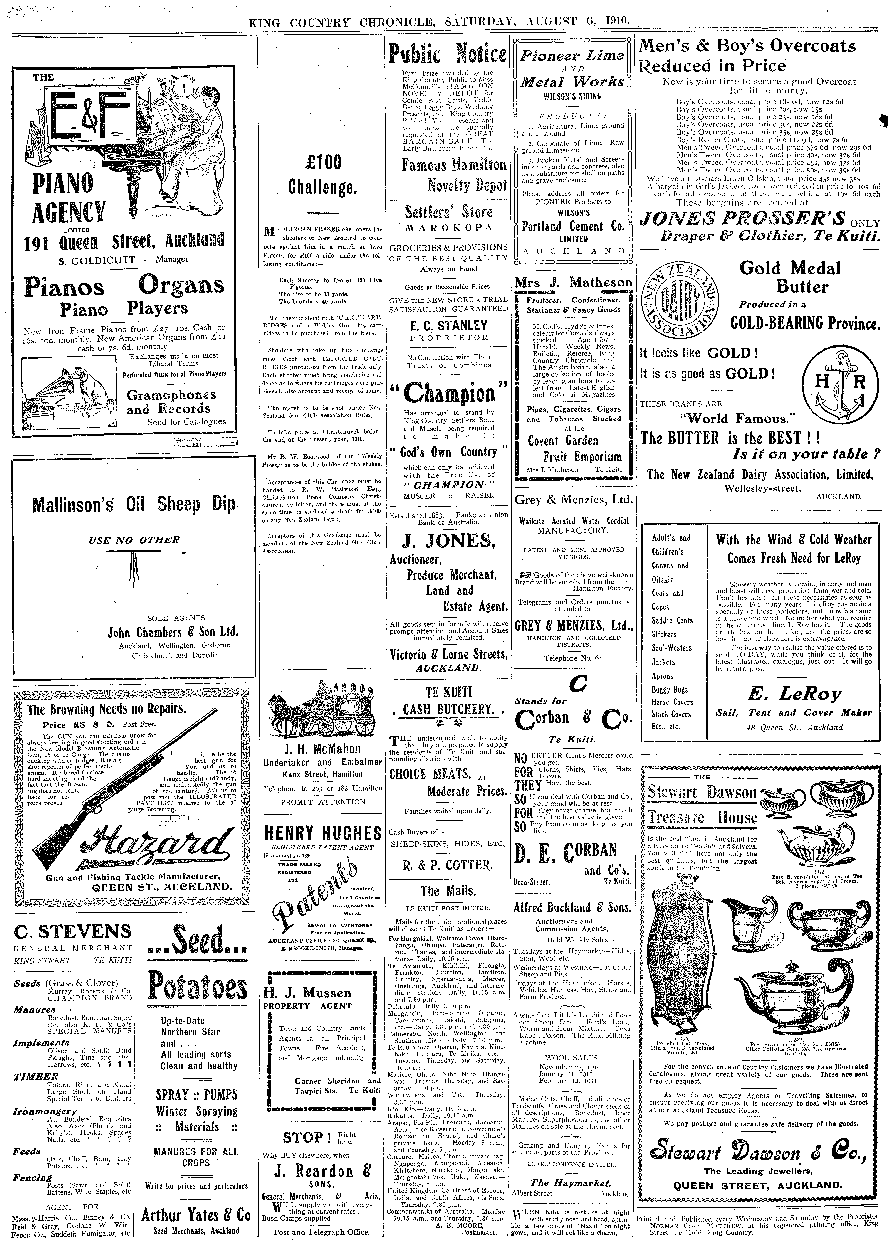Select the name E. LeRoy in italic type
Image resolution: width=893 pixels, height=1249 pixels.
[x=794, y=694]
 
